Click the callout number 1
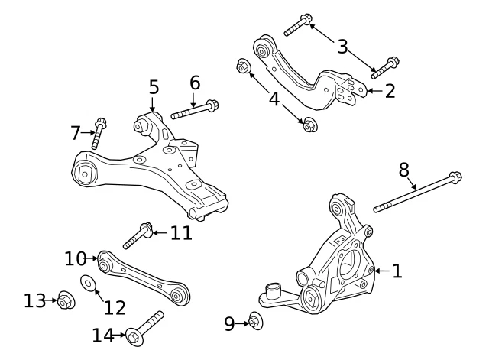coord(397,271)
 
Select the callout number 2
coord(390,92)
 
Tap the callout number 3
coord(343,47)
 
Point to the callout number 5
coord(154,86)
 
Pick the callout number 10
coord(76,259)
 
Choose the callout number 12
coord(115,307)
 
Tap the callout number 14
coord(102,334)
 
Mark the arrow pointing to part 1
coord(381,271)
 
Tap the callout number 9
coord(230,324)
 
